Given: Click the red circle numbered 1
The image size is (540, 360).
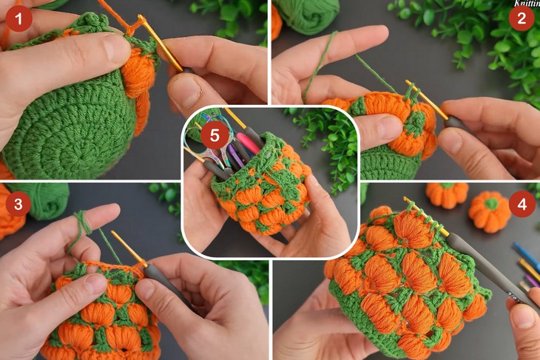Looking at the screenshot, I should pos(18,17).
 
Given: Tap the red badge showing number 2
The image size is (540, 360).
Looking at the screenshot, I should pos(522,17).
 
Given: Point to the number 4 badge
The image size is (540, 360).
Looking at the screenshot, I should pos(522,203).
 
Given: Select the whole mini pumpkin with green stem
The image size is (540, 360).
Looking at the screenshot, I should pos(490,211).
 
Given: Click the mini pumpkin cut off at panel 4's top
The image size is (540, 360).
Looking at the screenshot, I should pos(447,194).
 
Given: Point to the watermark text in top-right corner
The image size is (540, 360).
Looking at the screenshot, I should pos(525,3).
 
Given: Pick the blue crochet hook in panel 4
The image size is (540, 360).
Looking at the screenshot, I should pos(527,255).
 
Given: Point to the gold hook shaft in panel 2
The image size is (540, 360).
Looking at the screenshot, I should pos(426,101).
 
